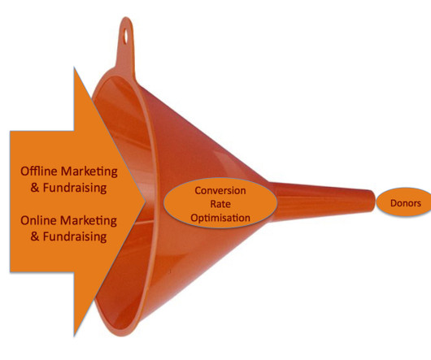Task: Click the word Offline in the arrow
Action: click(x=39, y=171)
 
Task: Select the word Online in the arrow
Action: click(x=38, y=220)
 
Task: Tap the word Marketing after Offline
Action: click(x=89, y=172)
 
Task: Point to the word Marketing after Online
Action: click(x=89, y=221)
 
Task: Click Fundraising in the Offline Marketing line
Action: click(x=75, y=189)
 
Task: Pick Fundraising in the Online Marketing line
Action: click(x=75, y=237)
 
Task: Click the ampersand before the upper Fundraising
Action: click(x=35, y=188)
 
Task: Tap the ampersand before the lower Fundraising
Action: click(x=35, y=236)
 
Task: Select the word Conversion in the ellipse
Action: click(x=220, y=191)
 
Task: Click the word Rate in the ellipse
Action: click(x=220, y=204)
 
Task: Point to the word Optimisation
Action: click(x=220, y=218)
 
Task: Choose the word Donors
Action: click(x=406, y=203)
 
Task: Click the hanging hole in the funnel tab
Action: click(x=126, y=36)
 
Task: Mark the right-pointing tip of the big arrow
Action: click(x=145, y=201)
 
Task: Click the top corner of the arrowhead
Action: click(x=74, y=67)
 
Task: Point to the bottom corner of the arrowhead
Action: click(x=74, y=336)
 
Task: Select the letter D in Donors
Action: click(x=394, y=203)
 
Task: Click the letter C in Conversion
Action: click(x=198, y=191)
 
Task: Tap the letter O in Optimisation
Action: click(x=194, y=218)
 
